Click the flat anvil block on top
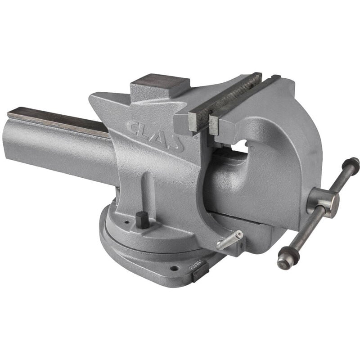point(160,85)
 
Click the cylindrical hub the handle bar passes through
point(324,201)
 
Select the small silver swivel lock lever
point(229,240)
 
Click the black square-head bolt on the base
point(143,219)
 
